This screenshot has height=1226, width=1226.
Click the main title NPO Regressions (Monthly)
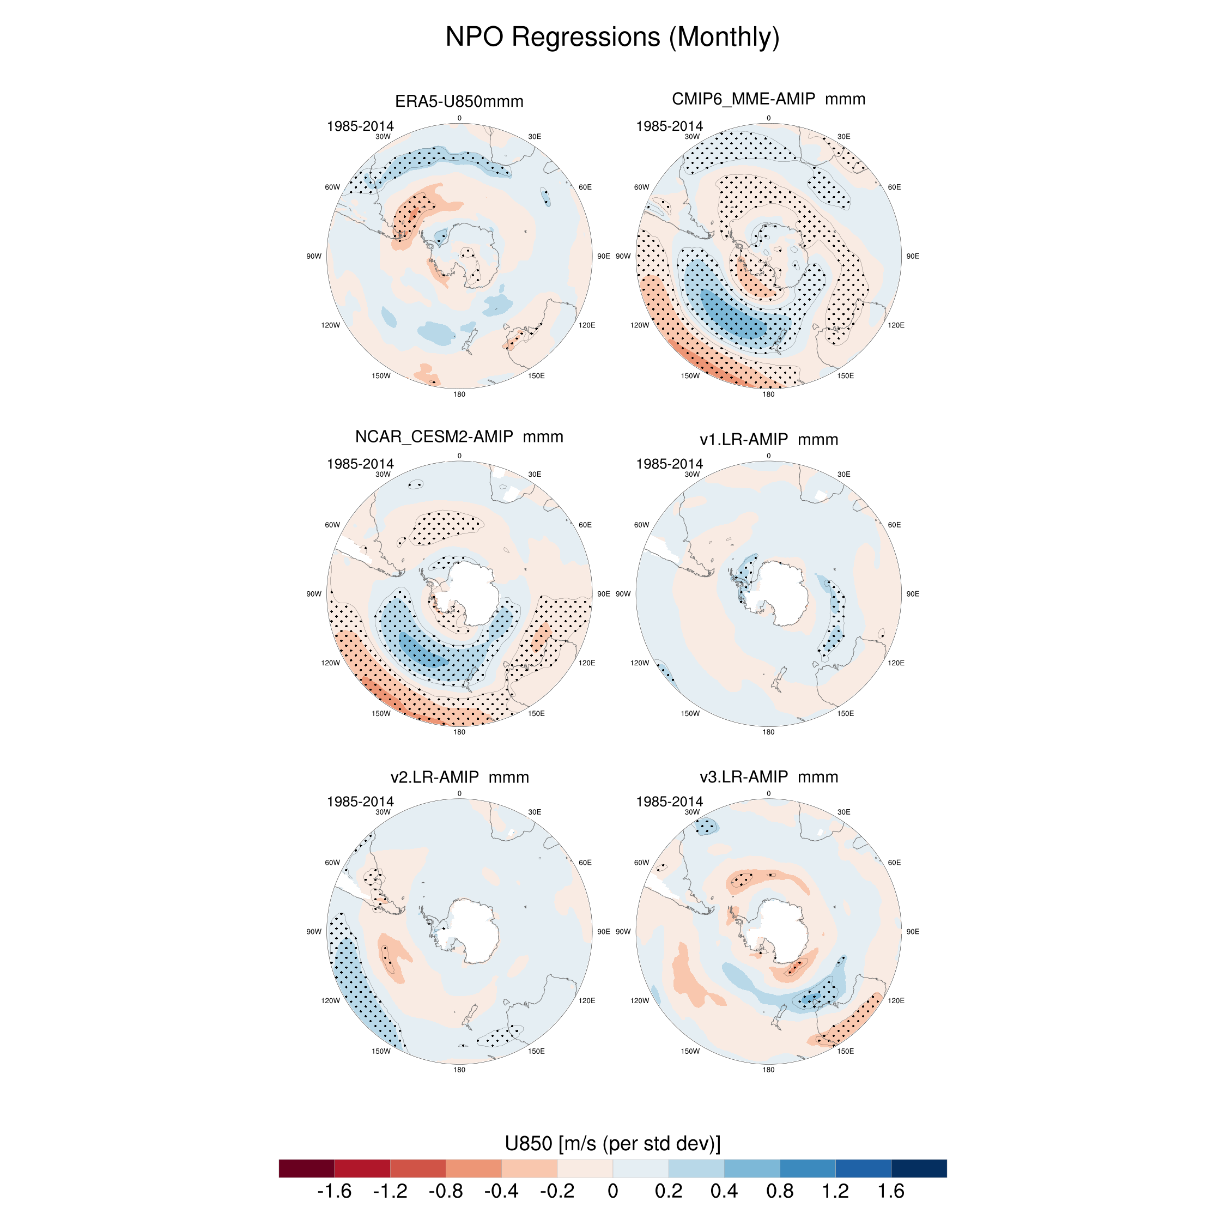point(612,37)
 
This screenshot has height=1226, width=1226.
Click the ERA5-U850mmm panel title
point(459,101)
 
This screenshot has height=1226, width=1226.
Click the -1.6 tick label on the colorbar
point(334,1191)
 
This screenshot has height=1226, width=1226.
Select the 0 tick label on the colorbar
point(612,1191)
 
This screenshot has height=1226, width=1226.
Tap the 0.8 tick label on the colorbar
point(779,1191)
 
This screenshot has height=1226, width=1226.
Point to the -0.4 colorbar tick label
point(501,1191)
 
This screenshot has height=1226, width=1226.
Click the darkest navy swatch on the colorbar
point(918,1168)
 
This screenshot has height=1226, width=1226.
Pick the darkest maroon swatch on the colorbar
point(306,1168)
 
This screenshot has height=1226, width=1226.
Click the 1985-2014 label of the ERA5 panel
point(360,126)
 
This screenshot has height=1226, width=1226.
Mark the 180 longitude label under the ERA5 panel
point(459,394)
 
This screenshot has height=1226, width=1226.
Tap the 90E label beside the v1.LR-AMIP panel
point(913,594)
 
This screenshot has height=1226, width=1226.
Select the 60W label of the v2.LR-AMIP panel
point(332,863)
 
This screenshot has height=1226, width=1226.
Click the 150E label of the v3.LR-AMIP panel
point(845,1051)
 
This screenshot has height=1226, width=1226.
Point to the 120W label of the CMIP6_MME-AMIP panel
point(640,325)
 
